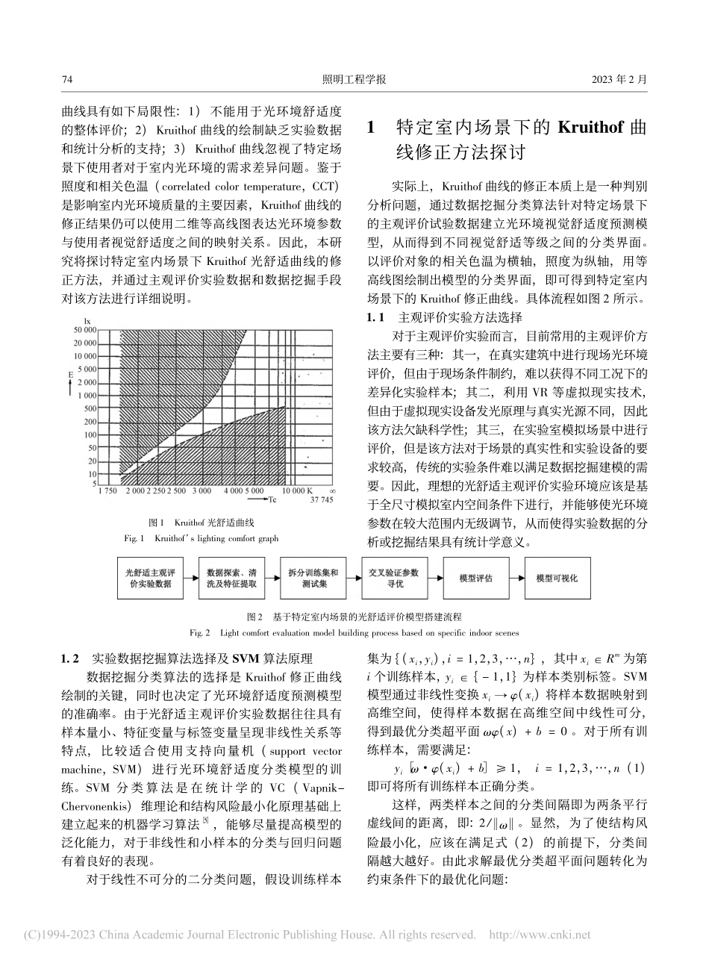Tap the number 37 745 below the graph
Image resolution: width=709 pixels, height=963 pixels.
click(x=322, y=501)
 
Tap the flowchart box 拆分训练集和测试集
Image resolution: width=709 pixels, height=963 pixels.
click(x=313, y=578)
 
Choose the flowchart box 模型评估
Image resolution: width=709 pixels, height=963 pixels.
click(x=475, y=578)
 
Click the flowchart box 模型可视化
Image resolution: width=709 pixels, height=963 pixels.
click(x=556, y=578)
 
